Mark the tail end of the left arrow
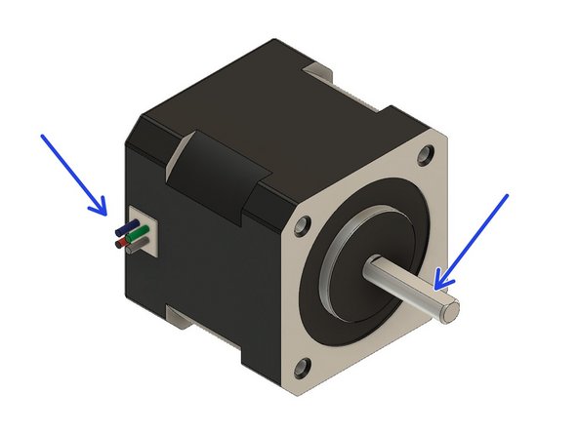pyautogui.click(x=42, y=138)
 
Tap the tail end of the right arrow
pyautogui.click(x=508, y=197)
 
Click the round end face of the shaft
pyautogui.click(x=450, y=311)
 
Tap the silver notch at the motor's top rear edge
pyautogui.click(x=317, y=70)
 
